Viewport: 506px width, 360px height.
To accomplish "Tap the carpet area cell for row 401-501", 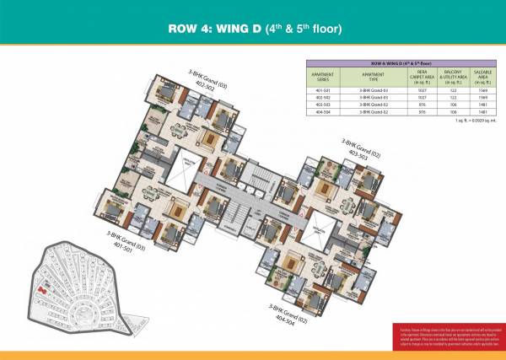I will point(400,89).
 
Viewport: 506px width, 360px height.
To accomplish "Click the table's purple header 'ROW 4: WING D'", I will point(390,64).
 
